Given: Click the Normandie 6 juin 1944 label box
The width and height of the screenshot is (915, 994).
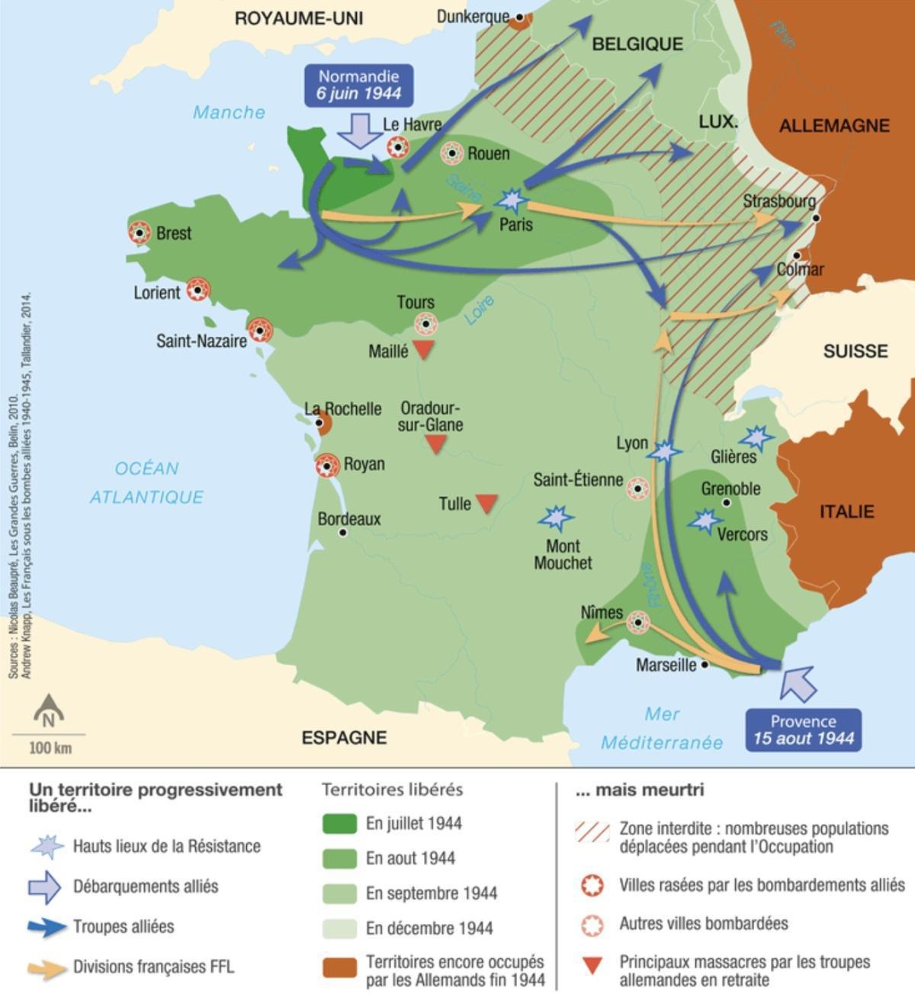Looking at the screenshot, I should tap(359, 85).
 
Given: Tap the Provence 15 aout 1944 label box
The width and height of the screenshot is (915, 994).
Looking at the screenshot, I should tap(803, 729).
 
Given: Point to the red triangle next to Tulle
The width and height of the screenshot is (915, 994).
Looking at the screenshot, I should tap(486, 503).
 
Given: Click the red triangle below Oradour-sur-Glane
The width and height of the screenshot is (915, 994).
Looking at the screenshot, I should tap(435, 444).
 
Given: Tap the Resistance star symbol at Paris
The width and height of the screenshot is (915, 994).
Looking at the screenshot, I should tap(511, 201).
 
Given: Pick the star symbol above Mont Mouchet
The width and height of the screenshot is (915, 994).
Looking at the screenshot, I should tap(556, 518).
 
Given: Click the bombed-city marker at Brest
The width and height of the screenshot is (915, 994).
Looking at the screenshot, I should tap(140, 233).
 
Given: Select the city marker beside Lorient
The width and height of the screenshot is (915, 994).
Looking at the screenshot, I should tap(198, 290).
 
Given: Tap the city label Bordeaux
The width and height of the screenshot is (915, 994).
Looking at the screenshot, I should tap(349, 519).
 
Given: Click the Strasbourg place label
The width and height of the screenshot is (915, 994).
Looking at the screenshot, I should tap(779, 201).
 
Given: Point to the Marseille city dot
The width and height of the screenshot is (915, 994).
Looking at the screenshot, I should tap(705, 665).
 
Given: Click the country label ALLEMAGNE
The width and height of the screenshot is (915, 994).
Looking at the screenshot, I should tap(834, 126).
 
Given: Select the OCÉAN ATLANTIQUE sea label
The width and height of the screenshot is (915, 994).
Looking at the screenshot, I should tap(146, 483).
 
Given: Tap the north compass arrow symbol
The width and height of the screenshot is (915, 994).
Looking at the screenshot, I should tap(49, 710).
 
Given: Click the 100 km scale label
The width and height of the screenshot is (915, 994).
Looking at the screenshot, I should tap(50, 748).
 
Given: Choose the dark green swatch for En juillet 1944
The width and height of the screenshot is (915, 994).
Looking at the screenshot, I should tap(339, 823).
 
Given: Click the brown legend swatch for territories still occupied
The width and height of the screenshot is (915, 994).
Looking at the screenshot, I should tap(339, 968).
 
